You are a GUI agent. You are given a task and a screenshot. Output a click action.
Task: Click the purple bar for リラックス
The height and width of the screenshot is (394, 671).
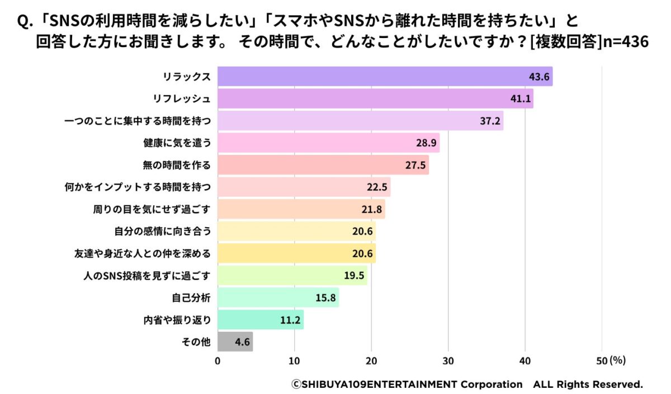pyautogui.click(x=369, y=76)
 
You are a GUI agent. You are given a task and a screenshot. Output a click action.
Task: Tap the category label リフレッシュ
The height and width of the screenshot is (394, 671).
pyautogui.click(x=182, y=98)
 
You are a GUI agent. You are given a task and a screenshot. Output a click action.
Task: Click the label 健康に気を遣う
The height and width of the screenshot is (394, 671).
pyautogui.click(x=177, y=143)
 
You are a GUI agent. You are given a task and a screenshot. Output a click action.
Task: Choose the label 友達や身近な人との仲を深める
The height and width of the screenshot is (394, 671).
pyautogui.click(x=143, y=254)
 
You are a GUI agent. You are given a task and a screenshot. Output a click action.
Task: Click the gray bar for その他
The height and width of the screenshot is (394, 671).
pyautogui.click(x=235, y=341)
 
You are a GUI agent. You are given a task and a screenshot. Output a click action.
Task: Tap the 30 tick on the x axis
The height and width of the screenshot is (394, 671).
pyautogui.click(x=448, y=361)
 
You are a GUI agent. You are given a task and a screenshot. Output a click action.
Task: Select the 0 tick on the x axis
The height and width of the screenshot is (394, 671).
pyautogui.click(x=218, y=361)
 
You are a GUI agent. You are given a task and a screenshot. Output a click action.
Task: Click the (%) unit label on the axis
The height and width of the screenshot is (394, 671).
pyautogui.click(x=617, y=361)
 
